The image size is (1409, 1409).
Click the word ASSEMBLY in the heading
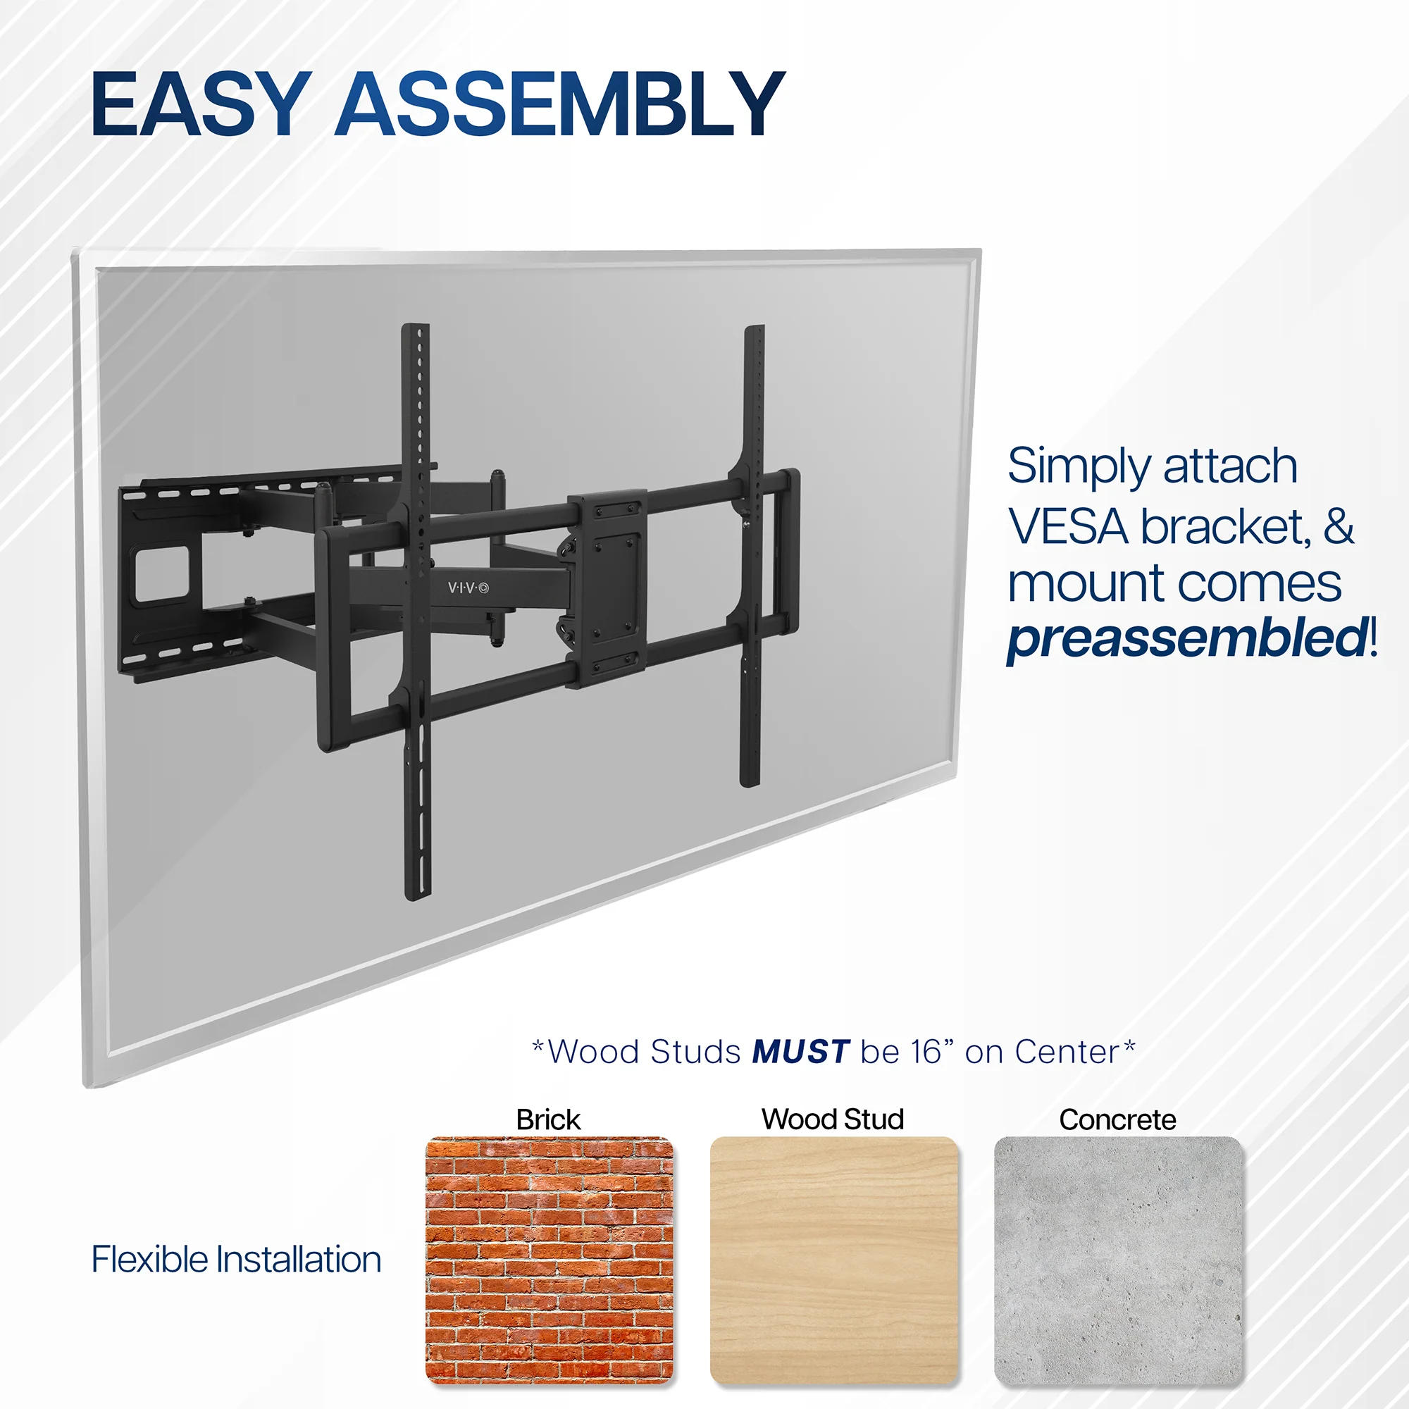click(560, 104)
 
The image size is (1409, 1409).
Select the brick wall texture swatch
click(550, 1260)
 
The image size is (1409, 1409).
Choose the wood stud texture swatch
click(833, 1260)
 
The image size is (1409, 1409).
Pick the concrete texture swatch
click(1118, 1260)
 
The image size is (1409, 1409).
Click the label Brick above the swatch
click(548, 1119)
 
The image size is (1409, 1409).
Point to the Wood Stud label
click(833, 1119)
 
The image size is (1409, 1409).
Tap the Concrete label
click(1117, 1119)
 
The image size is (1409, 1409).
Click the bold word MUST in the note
click(801, 1052)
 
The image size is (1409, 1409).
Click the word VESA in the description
click(1069, 526)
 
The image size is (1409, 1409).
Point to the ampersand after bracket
click(1339, 526)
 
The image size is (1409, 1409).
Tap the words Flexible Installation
click(236, 1260)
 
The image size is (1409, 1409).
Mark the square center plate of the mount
click(607, 588)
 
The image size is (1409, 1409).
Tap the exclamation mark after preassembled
click(1373, 636)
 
